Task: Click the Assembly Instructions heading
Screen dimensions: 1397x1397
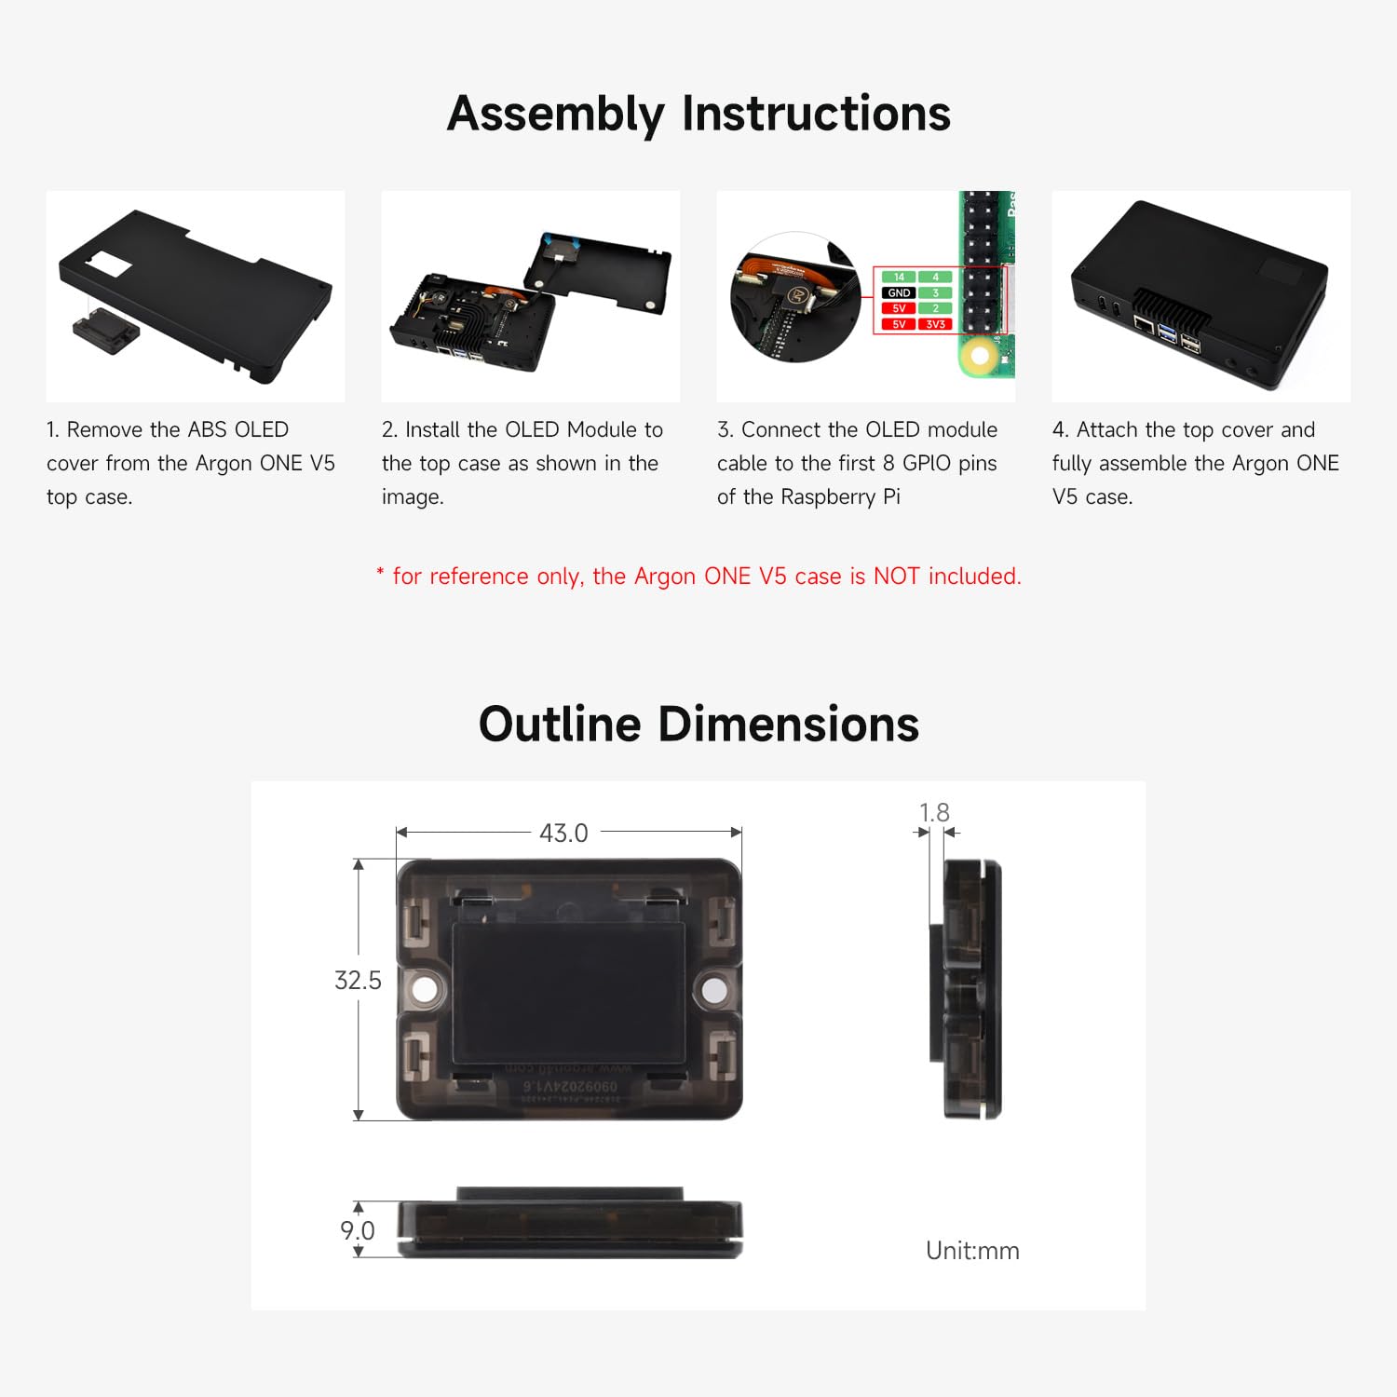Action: tap(698, 114)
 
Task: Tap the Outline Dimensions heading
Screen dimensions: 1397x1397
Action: tap(698, 725)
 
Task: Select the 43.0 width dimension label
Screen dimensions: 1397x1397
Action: tap(563, 833)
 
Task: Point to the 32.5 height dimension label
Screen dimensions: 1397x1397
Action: tap(358, 980)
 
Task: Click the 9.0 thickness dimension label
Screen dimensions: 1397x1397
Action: tap(357, 1230)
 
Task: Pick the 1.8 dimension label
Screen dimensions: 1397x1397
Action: tap(934, 812)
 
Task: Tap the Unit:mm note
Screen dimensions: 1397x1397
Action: tap(972, 1250)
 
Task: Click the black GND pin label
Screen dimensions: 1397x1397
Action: tap(899, 292)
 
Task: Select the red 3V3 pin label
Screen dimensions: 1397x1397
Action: tap(935, 324)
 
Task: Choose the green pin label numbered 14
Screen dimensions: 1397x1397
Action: tap(899, 277)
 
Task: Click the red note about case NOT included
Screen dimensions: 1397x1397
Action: tap(698, 576)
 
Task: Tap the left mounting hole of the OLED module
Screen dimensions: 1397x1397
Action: tap(425, 989)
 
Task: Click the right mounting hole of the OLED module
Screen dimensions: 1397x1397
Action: tap(714, 989)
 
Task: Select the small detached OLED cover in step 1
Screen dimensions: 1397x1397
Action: tap(105, 332)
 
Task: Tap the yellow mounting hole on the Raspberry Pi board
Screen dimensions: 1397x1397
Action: tap(979, 355)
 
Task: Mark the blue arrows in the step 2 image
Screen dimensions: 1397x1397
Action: tap(563, 241)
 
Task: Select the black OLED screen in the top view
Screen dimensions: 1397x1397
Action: tap(569, 994)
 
